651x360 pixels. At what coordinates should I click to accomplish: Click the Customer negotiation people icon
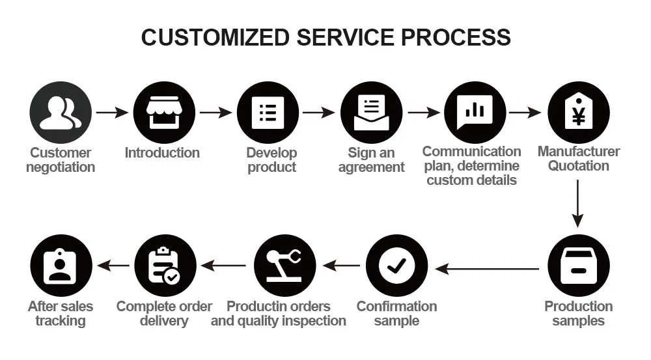[61, 113]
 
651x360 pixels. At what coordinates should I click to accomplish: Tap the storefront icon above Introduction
[164, 113]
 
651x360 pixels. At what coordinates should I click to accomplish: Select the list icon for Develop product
[268, 113]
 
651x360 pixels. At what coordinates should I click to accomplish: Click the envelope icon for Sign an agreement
[371, 113]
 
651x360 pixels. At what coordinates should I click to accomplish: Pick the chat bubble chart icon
[475, 113]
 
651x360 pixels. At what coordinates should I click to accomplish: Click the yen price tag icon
[578, 113]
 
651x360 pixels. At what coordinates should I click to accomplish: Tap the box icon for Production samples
[578, 266]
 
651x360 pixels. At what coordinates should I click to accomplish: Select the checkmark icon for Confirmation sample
[396, 266]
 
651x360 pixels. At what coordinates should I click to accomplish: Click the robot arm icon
[284, 266]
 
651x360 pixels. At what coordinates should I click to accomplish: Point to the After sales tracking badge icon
[61, 266]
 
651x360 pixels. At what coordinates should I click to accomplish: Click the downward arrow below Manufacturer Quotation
[578, 203]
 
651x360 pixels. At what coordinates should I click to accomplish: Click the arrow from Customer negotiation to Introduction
[112, 113]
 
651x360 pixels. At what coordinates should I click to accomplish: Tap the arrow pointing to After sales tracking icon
[113, 266]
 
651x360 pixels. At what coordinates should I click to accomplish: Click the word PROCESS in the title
[456, 37]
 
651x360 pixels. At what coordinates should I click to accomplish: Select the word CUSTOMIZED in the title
[215, 37]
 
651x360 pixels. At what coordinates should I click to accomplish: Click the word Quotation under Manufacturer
[578, 166]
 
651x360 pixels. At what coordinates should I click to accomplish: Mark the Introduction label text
[162, 153]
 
